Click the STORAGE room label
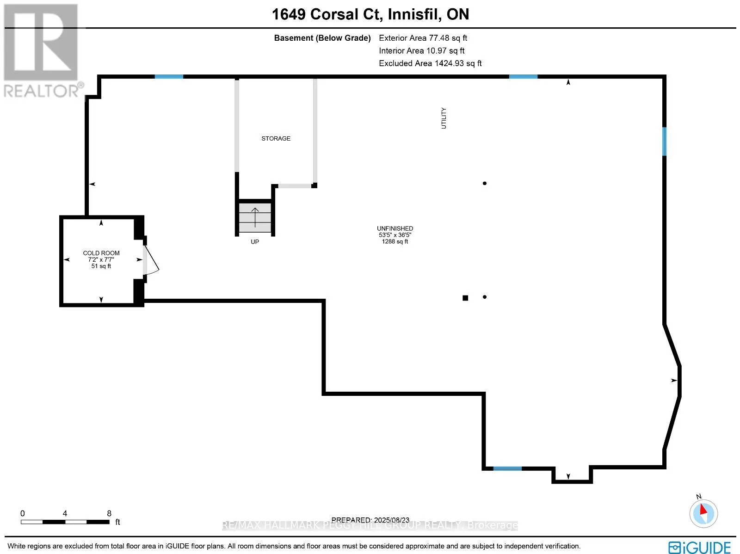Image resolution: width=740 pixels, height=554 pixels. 276,138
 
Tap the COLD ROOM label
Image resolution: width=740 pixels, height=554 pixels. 101,253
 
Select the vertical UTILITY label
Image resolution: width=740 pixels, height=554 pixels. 444,118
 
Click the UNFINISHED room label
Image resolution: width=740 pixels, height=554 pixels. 395,228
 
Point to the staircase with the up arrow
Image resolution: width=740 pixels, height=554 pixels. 255,217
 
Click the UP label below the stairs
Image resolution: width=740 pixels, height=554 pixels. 255,242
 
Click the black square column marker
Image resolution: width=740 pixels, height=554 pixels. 465,298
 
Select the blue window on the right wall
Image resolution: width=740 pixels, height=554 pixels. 664,142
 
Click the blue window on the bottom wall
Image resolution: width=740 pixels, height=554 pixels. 507,468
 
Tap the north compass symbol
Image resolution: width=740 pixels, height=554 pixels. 703,512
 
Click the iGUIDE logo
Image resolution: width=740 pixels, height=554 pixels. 700,547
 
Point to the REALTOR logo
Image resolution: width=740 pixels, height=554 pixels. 41,51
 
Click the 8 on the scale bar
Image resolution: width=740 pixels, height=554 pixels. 109,513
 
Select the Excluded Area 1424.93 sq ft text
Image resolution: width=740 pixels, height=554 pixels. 430,63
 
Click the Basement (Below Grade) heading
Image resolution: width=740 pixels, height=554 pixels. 322,38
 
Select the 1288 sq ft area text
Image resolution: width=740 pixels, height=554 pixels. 395,241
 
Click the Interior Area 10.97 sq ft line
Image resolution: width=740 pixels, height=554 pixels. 421,51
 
